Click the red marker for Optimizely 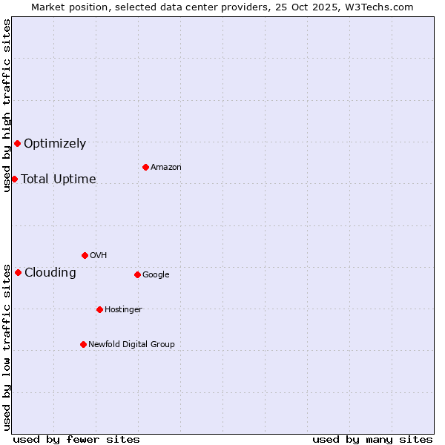click(x=17, y=143)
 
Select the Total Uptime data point click(x=14, y=179)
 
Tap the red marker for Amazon click(x=145, y=167)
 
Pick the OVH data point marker click(x=85, y=255)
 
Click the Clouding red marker click(x=18, y=272)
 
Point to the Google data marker click(x=137, y=274)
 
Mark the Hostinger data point click(x=99, y=309)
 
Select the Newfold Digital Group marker click(x=83, y=344)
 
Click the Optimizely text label click(x=55, y=144)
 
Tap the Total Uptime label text click(x=59, y=179)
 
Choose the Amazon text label click(x=166, y=168)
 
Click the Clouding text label click(x=50, y=273)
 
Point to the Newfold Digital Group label click(x=132, y=344)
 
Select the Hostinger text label click(x=123, y=309)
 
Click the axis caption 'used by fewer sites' click(x=76, y=439)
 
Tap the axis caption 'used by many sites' click(x=372, y=439)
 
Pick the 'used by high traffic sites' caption click(x=7, y=105)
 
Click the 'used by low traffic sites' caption click(x=7, y=347)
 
